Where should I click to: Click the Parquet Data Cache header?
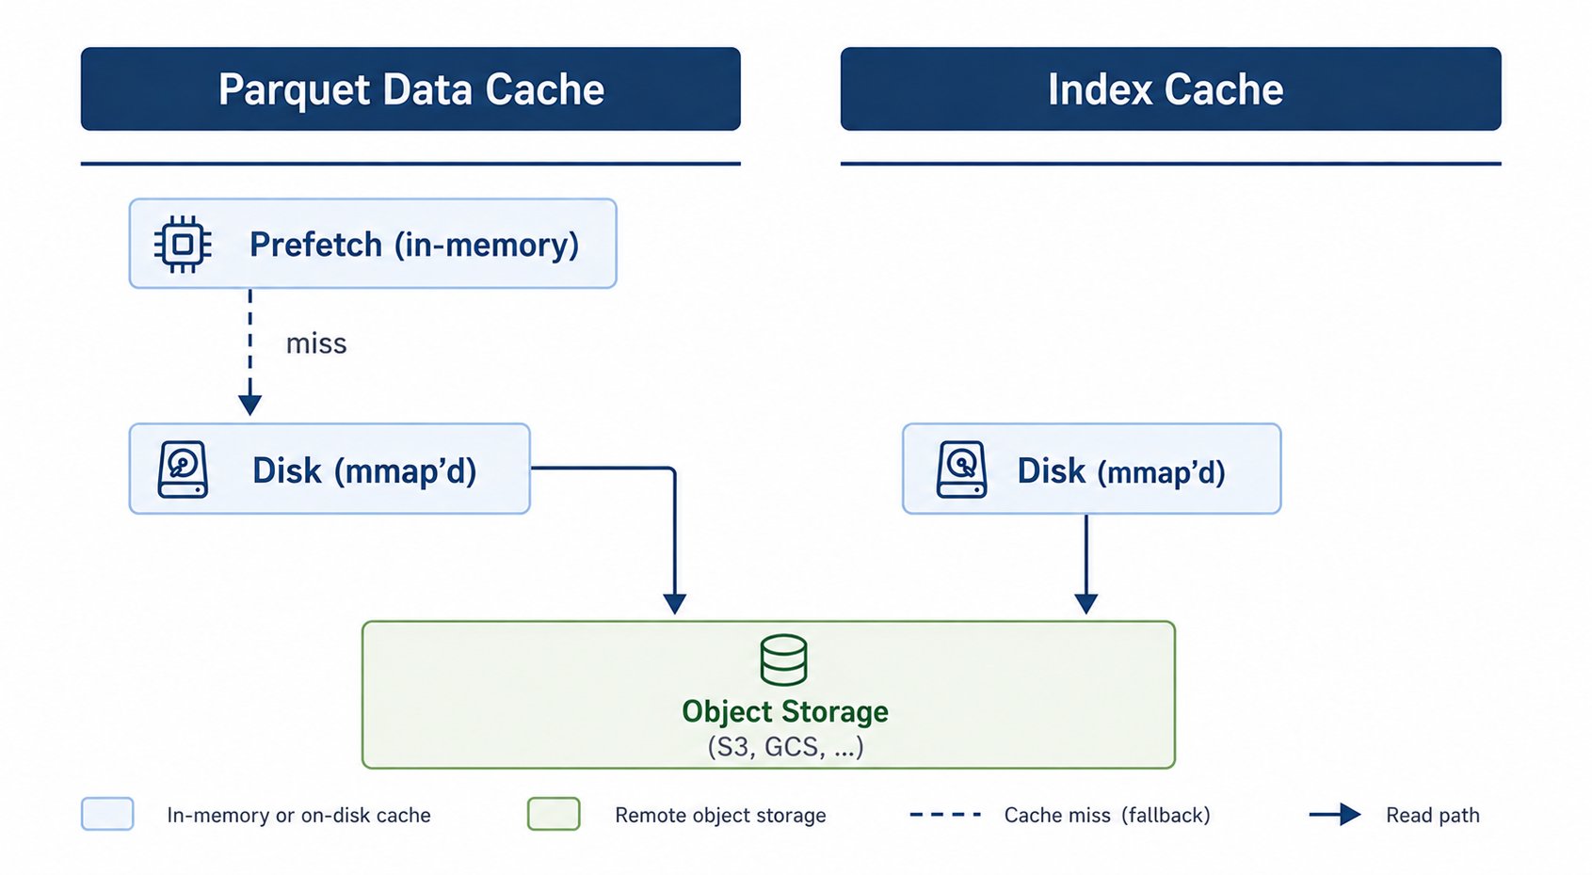[x=410, y=88]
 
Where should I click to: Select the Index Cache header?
[x=1170, y=88]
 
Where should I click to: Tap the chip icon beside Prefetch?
[x=183, y=245]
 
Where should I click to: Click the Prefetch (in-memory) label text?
[x=414, y=245]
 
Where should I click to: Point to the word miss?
[x=316, y=343]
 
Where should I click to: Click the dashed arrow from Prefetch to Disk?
[x=249, y=352]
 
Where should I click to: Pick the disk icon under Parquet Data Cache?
[x=183, y=469]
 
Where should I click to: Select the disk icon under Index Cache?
[x=961, y=469]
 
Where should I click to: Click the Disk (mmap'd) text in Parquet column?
[x=364, y=470]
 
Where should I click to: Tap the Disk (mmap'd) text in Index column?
[x=1120, y=471]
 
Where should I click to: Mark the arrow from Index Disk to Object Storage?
[x=1086, y=564]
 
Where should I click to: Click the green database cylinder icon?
[x=783, y=660]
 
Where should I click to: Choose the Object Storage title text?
[x=784, y=711]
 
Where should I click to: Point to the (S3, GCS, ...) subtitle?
[x=785, y=746]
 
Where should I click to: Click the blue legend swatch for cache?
[x=107, y=814]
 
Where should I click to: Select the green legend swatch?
[x=554, y=814]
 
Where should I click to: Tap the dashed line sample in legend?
[x=945, y=815]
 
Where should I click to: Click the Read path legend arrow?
[x=1335, y=815]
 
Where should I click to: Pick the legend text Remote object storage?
[x=720, y=816]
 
